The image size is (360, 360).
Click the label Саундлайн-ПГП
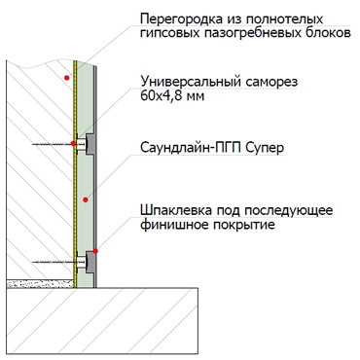point(191,148)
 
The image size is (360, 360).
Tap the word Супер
point(265,148)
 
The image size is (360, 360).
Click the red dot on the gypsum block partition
point(67,78)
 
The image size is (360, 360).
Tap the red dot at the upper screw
point(73,143)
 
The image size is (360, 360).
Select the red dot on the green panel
point(86,199)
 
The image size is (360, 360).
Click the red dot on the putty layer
point(95,251)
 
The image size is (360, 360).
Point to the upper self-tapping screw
point(59,144)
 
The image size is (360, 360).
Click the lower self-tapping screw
point(59,262)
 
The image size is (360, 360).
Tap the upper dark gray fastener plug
point(90,144)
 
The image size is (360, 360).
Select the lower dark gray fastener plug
point(90,262)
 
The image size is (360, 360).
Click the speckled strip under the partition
point(40,284)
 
